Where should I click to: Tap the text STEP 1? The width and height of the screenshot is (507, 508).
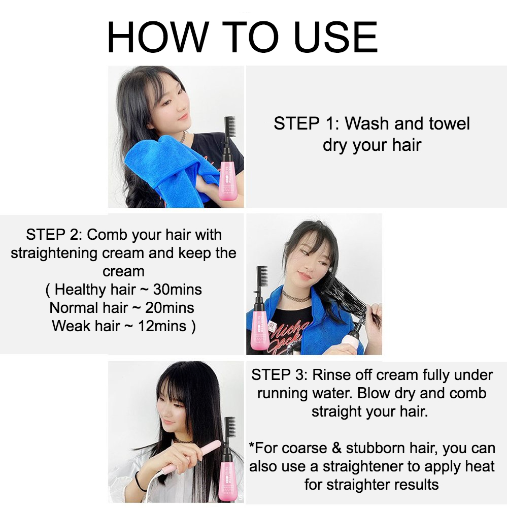click(307, 123)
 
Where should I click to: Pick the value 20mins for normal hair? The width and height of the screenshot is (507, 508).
click(170, 308)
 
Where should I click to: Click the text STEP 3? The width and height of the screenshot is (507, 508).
click(279, 375)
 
